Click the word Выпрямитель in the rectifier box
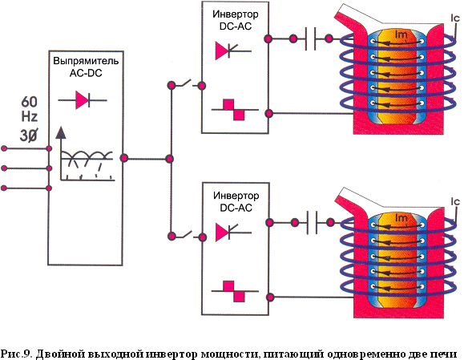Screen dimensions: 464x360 point(86,61)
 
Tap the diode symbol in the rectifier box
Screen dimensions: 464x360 point(83,100)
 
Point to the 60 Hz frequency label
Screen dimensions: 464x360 point(30,109)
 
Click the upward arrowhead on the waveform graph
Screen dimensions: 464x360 point(61,132)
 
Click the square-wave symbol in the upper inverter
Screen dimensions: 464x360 point(234,110)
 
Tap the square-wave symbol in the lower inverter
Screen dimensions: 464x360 point(234,291)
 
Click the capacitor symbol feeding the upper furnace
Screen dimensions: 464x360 point(310,38)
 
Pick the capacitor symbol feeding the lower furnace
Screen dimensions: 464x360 point(312,222)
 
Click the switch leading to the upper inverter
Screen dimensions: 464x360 point(187,84)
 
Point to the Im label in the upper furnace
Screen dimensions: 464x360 point(401,35)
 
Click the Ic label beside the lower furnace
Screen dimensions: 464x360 point(455,202)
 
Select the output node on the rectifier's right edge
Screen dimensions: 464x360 point(124,158)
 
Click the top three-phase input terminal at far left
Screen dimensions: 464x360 point(4,148)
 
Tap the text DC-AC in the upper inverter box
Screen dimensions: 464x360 point(236,26)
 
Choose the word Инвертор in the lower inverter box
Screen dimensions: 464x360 point(236,196)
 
